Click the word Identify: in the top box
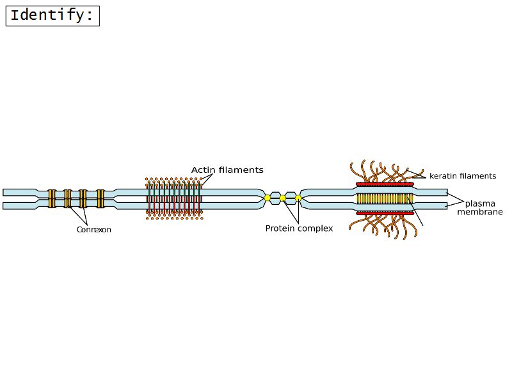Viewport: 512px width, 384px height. pyautogui.click(x=52, y=15)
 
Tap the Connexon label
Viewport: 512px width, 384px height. pyautogui.click(x=93, y=230)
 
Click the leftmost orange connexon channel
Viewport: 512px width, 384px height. pyautogui.click(x=52, y=198)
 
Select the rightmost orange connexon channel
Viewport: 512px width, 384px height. pyautogui.click(x=100, y=198)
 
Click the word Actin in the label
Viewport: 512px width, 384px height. pyautogui.click(x=204, y=170)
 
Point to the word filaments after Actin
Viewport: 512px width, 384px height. pyautogui.click(x=241, y=170)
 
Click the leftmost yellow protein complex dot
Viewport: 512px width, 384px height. pyautogui.click(x=268, y=198)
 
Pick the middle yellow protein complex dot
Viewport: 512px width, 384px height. pyautogui.click(x=283, y=198)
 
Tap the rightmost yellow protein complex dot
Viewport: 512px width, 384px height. pyautogui.click(x=298, y=198)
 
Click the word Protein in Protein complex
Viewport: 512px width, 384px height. pyautogui.click(x=281, y=228)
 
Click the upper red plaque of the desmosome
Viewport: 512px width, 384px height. pyautogui.click(x=385, y=184)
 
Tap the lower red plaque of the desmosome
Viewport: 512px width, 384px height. pyautogui.click(x=385, y=212)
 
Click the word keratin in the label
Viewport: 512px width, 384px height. pyautogui.click(x=442, y=175)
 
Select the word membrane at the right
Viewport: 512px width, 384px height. pyautogui.click(x=479, y=212)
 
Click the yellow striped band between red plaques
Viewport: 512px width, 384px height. pyautogui.click(x=385, y=198)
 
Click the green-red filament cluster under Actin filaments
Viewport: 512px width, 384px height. pyautogui.click(x=174, y=198)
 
